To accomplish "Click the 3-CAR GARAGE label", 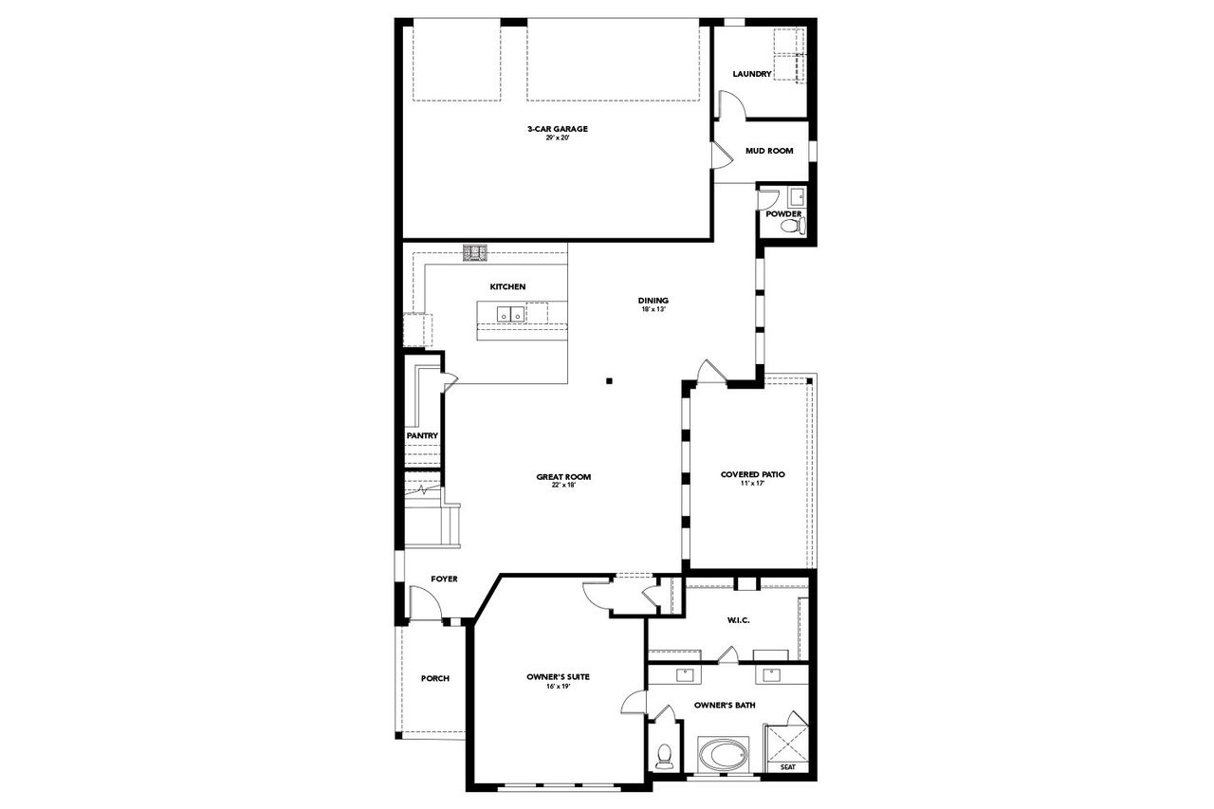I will click(558, 129).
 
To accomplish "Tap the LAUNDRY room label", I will click(752, 74).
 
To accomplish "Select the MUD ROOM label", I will click(768, 150).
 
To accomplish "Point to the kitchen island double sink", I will click(510, 313).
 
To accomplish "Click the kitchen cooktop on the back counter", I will click(474, 252).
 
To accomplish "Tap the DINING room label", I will click(653, 301).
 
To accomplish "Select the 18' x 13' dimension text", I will click(653, 310).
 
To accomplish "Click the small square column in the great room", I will click(612, 381).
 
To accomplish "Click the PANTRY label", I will click(422, 435).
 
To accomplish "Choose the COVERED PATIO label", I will click(752, 474).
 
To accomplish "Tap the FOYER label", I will click(445, 579).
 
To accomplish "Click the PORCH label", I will click(435, 678).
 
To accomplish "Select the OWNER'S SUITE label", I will click(558, 676).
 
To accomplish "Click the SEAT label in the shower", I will click(788, 766).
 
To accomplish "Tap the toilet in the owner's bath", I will click(665, 755).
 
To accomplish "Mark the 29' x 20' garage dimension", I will click(558, 138).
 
